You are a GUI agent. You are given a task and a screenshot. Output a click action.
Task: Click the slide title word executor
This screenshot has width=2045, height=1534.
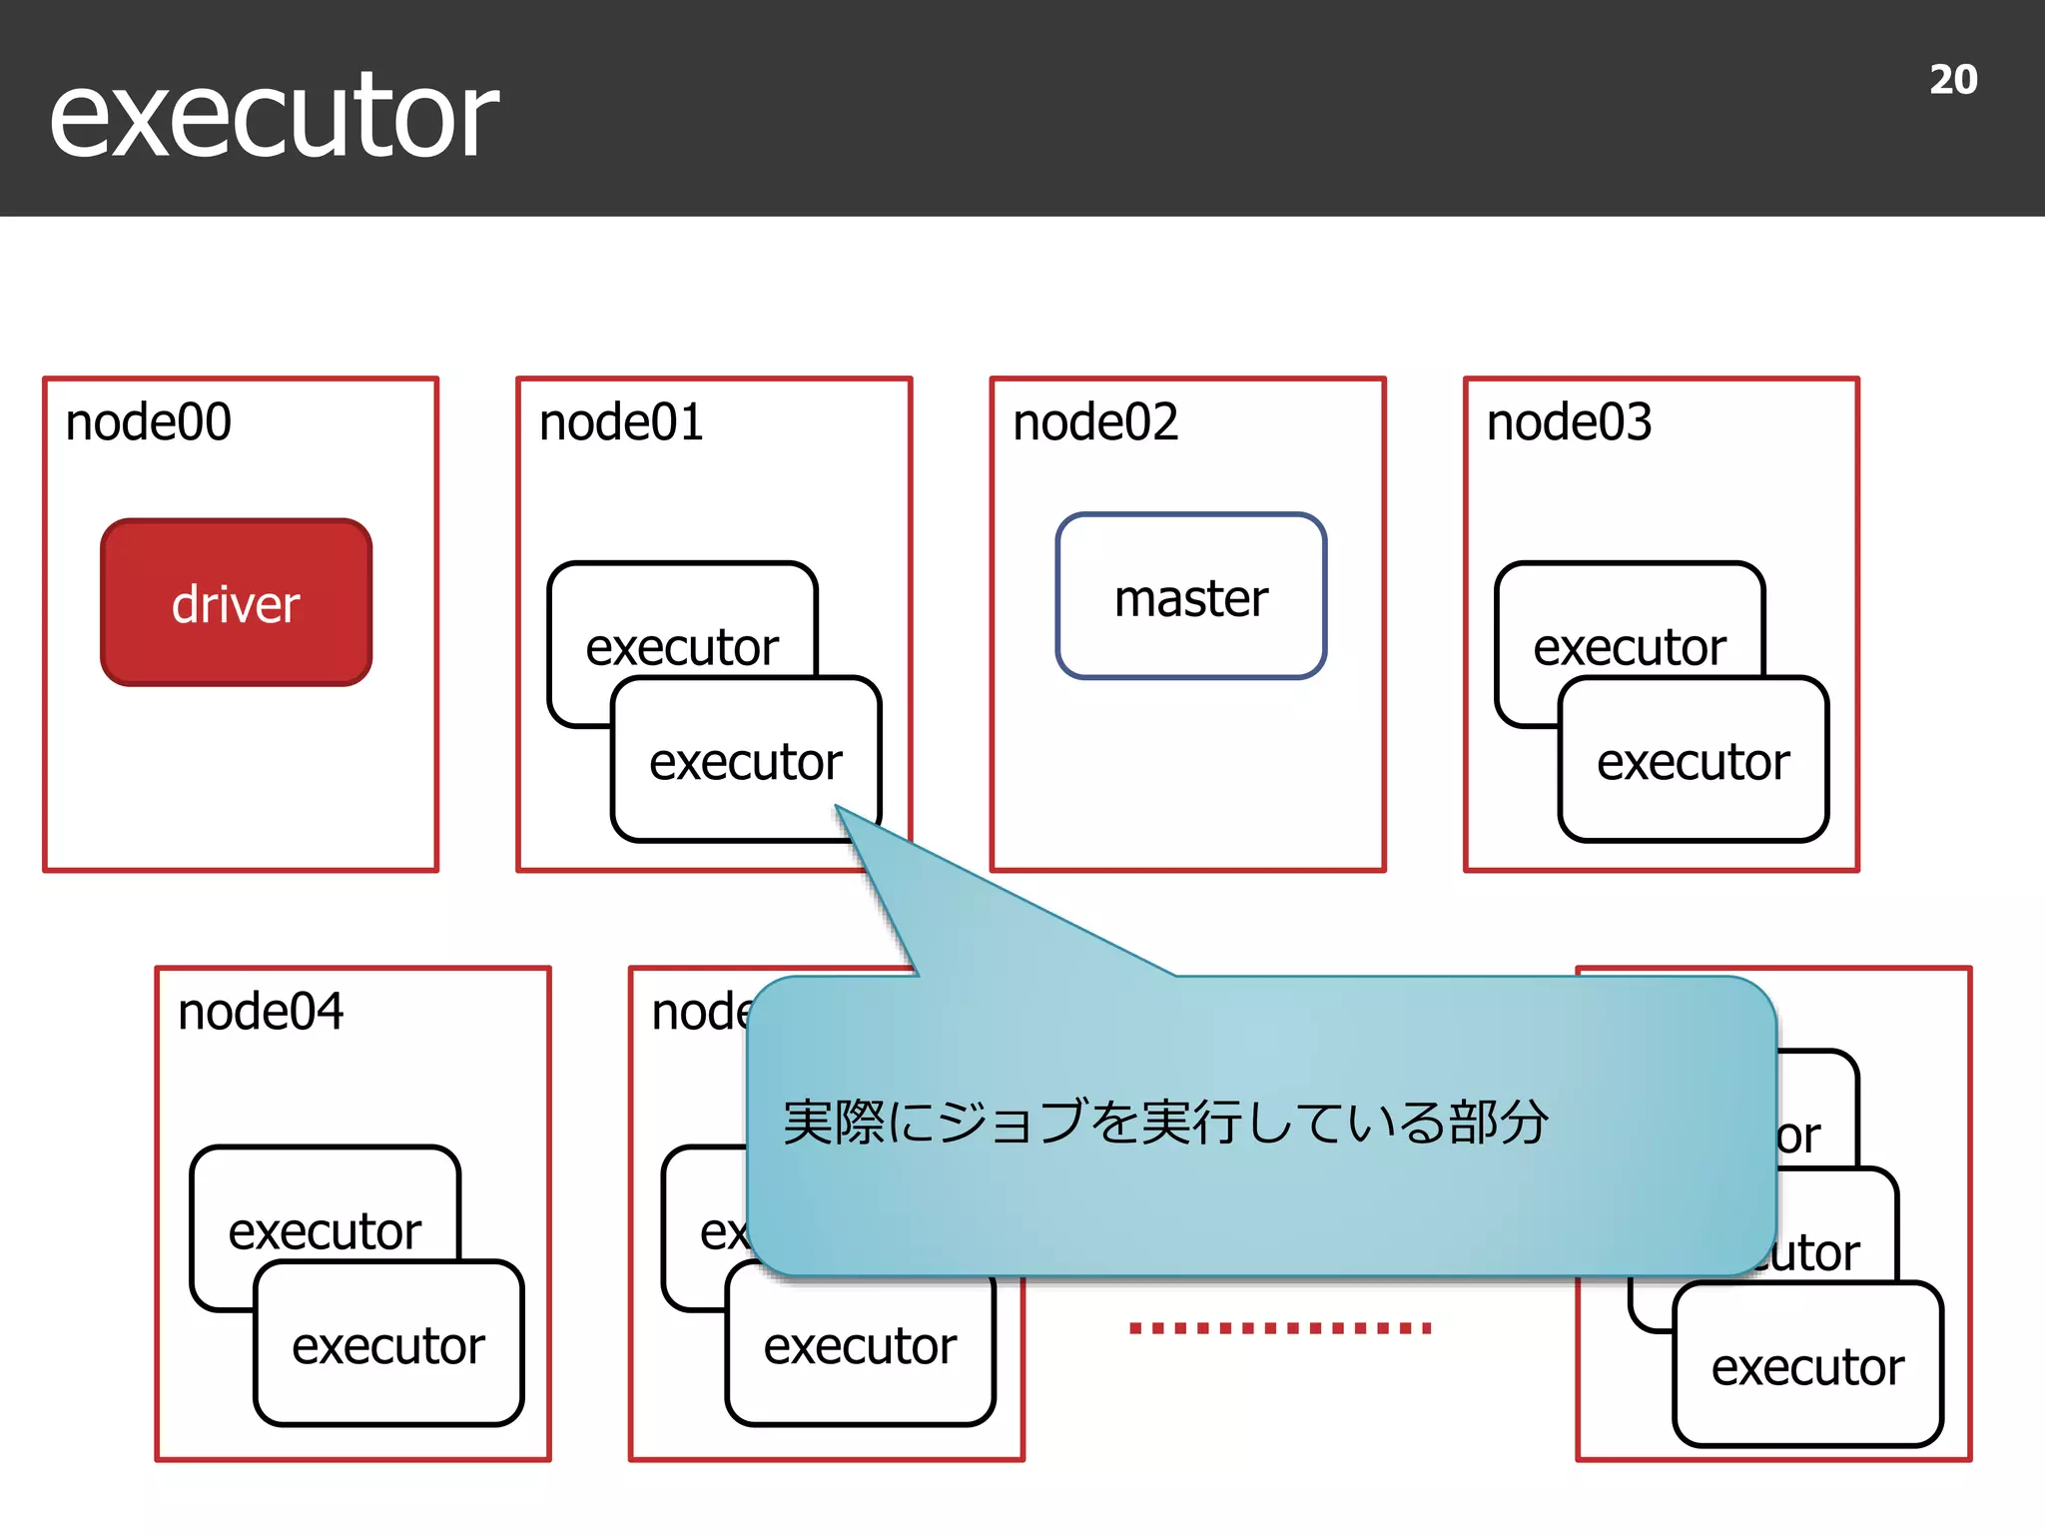274,118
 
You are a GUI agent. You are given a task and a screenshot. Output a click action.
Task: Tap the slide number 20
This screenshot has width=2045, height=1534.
1952,80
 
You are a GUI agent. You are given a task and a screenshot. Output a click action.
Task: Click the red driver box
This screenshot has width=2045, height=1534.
236,603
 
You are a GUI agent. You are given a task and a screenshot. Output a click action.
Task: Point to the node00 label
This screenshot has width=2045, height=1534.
148,422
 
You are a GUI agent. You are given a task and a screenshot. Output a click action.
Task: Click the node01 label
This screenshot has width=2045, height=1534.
621,422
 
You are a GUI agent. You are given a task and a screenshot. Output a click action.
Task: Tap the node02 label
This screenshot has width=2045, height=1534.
1095,422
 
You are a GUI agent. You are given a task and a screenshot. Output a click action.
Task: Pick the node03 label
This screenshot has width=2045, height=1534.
1569,422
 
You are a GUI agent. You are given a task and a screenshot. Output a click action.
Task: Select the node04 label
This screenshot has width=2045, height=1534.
261,1012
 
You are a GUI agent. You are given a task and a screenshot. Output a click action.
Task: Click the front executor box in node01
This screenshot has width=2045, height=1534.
745,761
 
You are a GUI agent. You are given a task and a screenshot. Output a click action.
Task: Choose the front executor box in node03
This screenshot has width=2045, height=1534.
1693,761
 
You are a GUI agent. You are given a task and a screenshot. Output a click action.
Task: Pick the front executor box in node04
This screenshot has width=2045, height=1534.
388,1345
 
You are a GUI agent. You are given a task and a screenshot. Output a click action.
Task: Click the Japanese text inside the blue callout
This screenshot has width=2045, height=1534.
1164,1123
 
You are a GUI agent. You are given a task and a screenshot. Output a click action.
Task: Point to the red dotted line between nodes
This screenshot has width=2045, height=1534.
1280,1328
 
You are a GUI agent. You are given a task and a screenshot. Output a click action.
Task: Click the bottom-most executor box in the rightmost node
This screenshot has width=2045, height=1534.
1807,1366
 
